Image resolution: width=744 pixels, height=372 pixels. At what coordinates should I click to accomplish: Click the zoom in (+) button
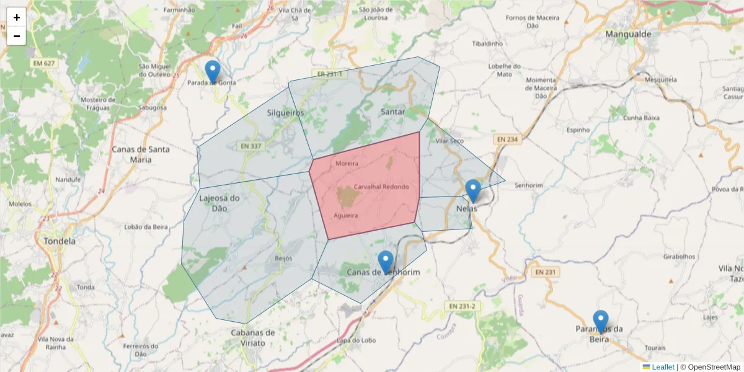click(x=17, y=17)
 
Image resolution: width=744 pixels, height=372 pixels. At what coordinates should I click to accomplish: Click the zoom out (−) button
click(x=17, y=36)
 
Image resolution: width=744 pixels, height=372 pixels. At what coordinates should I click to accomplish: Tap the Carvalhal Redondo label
click(x=381, y=187)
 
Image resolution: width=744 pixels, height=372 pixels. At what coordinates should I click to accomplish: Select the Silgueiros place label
click(x=285, y=113)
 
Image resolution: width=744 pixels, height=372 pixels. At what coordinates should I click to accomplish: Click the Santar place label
click(x=392, y=112)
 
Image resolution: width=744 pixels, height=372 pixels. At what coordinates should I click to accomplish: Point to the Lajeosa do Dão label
click(x=219, y=203)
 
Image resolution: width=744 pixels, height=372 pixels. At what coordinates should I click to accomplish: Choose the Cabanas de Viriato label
click(x=248, y=338)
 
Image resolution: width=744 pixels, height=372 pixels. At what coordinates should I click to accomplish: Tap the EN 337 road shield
click(x=251, y=146)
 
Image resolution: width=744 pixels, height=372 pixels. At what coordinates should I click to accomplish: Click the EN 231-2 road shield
click(x=463, y=306)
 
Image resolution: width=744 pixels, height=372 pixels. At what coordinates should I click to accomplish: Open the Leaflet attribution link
click(x=663, y=367)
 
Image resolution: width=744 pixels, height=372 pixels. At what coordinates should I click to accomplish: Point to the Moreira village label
click(x=347, y=164)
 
